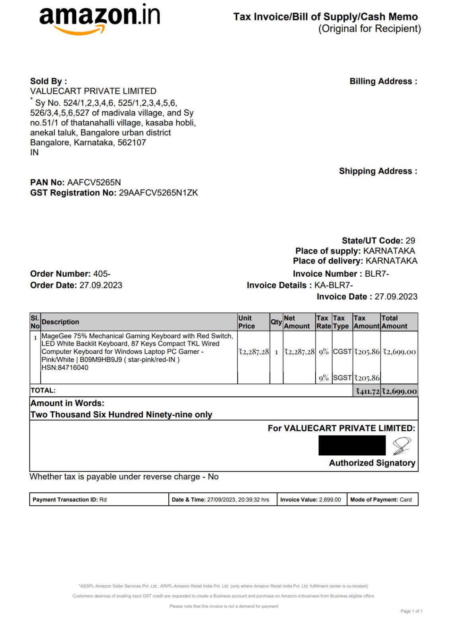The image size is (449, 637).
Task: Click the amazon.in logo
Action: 100,19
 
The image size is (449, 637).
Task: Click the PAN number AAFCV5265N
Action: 94,182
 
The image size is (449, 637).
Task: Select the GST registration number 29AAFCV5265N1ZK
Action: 158,193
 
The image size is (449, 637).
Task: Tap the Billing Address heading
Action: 383,81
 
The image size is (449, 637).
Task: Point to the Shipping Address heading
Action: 378,171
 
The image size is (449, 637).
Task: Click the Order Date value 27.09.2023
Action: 101,285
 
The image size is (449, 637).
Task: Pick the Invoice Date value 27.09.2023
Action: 396,297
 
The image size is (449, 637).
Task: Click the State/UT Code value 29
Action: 410,240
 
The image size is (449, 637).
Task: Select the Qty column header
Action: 276,322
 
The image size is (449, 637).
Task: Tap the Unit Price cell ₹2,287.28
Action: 254,352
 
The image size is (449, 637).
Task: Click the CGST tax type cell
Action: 342,352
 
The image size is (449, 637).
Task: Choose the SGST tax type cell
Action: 342,378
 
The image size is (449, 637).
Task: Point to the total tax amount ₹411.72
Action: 367,391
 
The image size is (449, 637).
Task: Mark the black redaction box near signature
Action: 352,445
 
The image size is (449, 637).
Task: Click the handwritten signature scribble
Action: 402,446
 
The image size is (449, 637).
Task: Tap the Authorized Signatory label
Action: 372,463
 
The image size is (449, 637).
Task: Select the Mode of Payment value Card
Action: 406,500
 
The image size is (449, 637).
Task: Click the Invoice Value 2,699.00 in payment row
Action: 330,500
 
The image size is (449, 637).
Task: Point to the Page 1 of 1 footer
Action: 411,611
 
